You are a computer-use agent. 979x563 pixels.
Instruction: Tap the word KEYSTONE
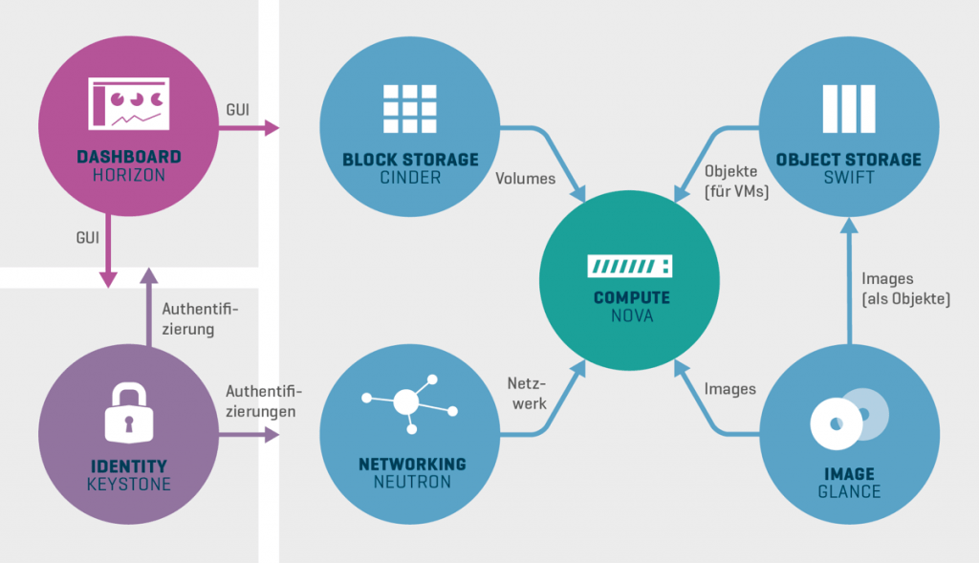click(128, 485)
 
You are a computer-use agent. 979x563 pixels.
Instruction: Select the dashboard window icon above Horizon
click(128, 103)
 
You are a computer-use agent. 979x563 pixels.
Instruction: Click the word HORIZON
click(129, 176)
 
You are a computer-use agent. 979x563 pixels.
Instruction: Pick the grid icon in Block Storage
click(409, 108)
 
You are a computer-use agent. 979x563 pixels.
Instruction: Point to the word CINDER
click(410, 178)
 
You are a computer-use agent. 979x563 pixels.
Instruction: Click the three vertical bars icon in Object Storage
click(848, 108)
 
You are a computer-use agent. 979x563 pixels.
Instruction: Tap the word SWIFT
click(849, 178)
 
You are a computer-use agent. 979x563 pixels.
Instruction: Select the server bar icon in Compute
click(630, 265)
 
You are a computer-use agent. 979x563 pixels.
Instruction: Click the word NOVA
click(631, 315)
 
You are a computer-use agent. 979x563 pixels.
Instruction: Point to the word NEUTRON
click(412, 483)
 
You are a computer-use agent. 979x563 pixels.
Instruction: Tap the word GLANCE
click(849, 492)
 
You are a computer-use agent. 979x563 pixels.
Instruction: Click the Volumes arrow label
click(525, 178)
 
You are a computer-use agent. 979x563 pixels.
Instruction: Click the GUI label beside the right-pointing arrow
click(238, 110)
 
